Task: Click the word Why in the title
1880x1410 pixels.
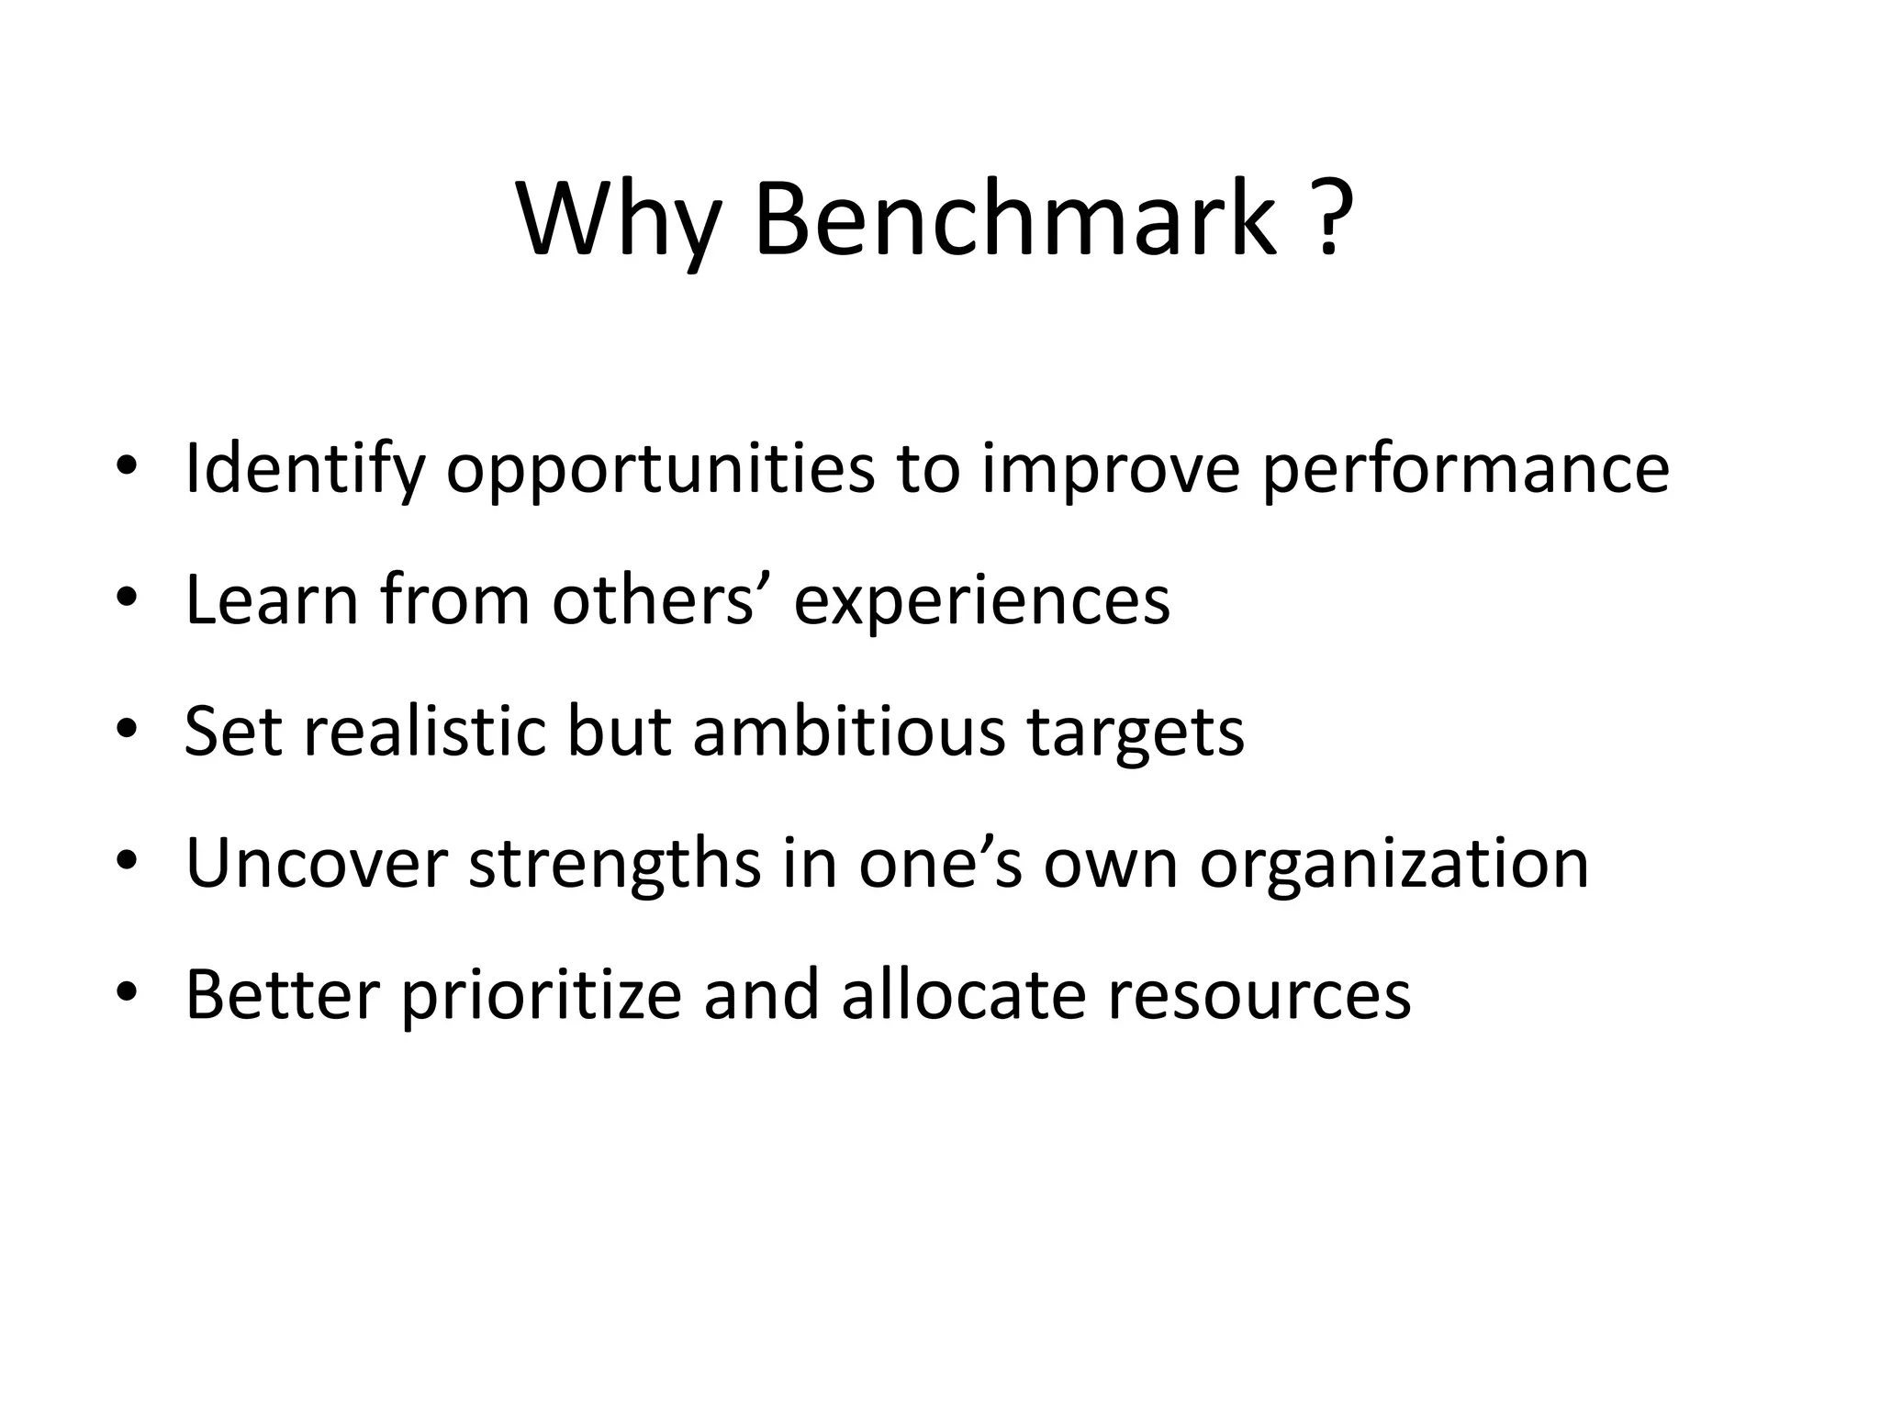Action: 617,220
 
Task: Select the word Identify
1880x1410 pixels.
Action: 305,470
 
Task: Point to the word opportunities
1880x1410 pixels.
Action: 660,470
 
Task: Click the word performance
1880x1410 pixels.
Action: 1465,470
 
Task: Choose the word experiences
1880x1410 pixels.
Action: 981,602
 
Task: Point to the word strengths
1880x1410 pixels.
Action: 614,865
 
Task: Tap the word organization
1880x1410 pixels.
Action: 1393,865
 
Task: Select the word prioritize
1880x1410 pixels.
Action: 542,996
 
